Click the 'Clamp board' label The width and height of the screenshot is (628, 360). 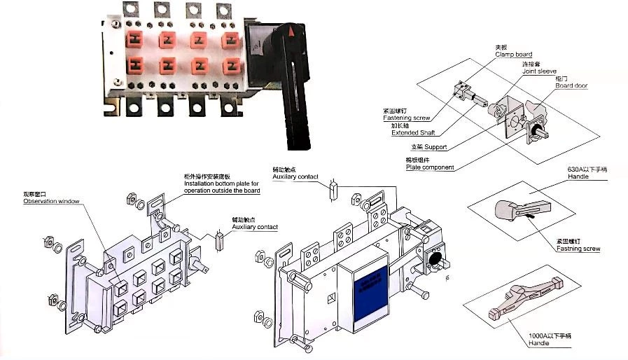point(513,54)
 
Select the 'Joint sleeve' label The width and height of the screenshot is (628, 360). point(537,71)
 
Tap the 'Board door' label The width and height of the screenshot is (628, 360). point(571,85)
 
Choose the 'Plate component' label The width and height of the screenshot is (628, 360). point(429,167)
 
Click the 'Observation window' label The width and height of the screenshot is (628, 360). point(51,201)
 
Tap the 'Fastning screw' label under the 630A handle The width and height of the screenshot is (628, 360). point(578,248)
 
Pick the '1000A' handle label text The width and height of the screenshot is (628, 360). point(550,338)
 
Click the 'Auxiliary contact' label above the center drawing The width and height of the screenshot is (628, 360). point(294,177)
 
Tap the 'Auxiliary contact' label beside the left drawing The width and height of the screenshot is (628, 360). point(254,227)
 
